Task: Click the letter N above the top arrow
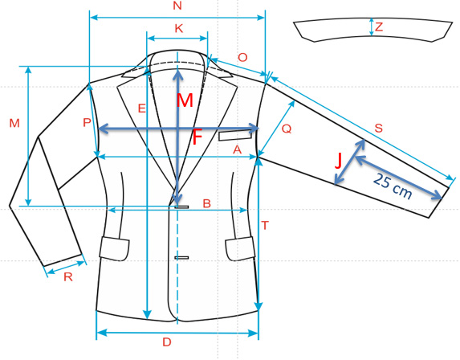coord(177,6)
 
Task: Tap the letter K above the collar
coord(179,28)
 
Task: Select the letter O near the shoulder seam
coord(242,58)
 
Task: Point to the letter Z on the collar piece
coord(379,27)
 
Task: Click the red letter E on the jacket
coord(142,108)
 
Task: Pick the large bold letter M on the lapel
coord(185,100)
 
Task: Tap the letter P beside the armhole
coord(87,122)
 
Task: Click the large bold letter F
coord(197,138)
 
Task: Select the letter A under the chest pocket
coord(237,150)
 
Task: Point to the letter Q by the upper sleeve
coord(287,129)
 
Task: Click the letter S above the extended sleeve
coord(379,129)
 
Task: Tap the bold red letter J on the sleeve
coord(339,161)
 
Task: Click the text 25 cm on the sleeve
coord(393,186)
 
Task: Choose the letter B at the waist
coord(207,203)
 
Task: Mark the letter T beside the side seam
coord(265,226)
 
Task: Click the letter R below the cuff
coord(68,277)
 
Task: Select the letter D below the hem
coord(167,342)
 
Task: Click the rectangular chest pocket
coord(235,135)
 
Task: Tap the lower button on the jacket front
coord(181,258)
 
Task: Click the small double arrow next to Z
coord(372,27)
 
